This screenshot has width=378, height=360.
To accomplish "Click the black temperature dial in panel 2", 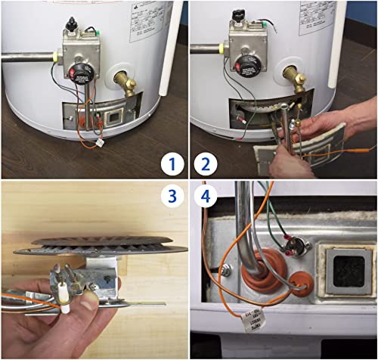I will point(247,63).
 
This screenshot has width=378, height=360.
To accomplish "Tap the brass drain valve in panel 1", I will point(125,84).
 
